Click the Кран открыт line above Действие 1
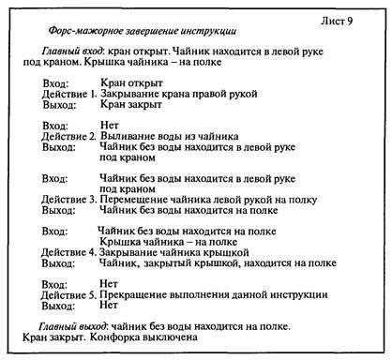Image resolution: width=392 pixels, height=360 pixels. [129, 83]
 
